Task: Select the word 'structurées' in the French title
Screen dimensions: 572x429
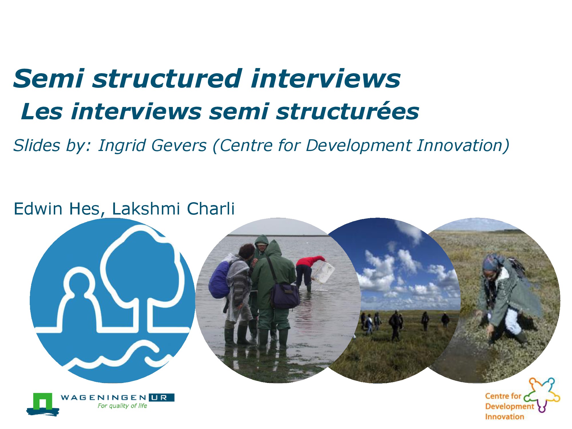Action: tap(347, 112)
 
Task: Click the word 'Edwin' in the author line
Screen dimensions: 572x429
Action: tap(38, 208)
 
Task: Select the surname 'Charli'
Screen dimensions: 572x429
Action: tap(211, 208)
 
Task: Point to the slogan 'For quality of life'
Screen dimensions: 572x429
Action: tap(122, 406)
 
